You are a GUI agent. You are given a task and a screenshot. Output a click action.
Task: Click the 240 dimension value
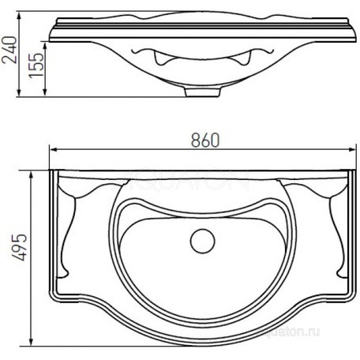coord(9,53)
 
